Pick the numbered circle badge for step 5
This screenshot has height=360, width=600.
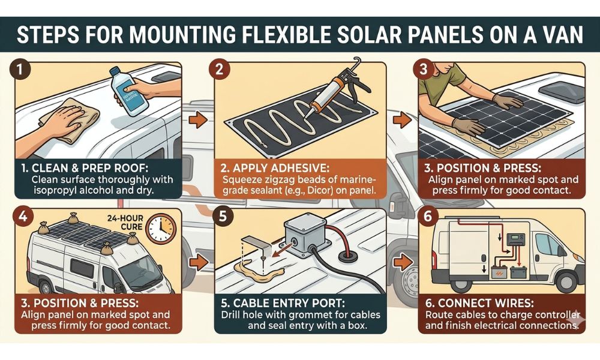click(x=221, y=217)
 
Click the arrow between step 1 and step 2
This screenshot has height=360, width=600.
click(x=195, y=119)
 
